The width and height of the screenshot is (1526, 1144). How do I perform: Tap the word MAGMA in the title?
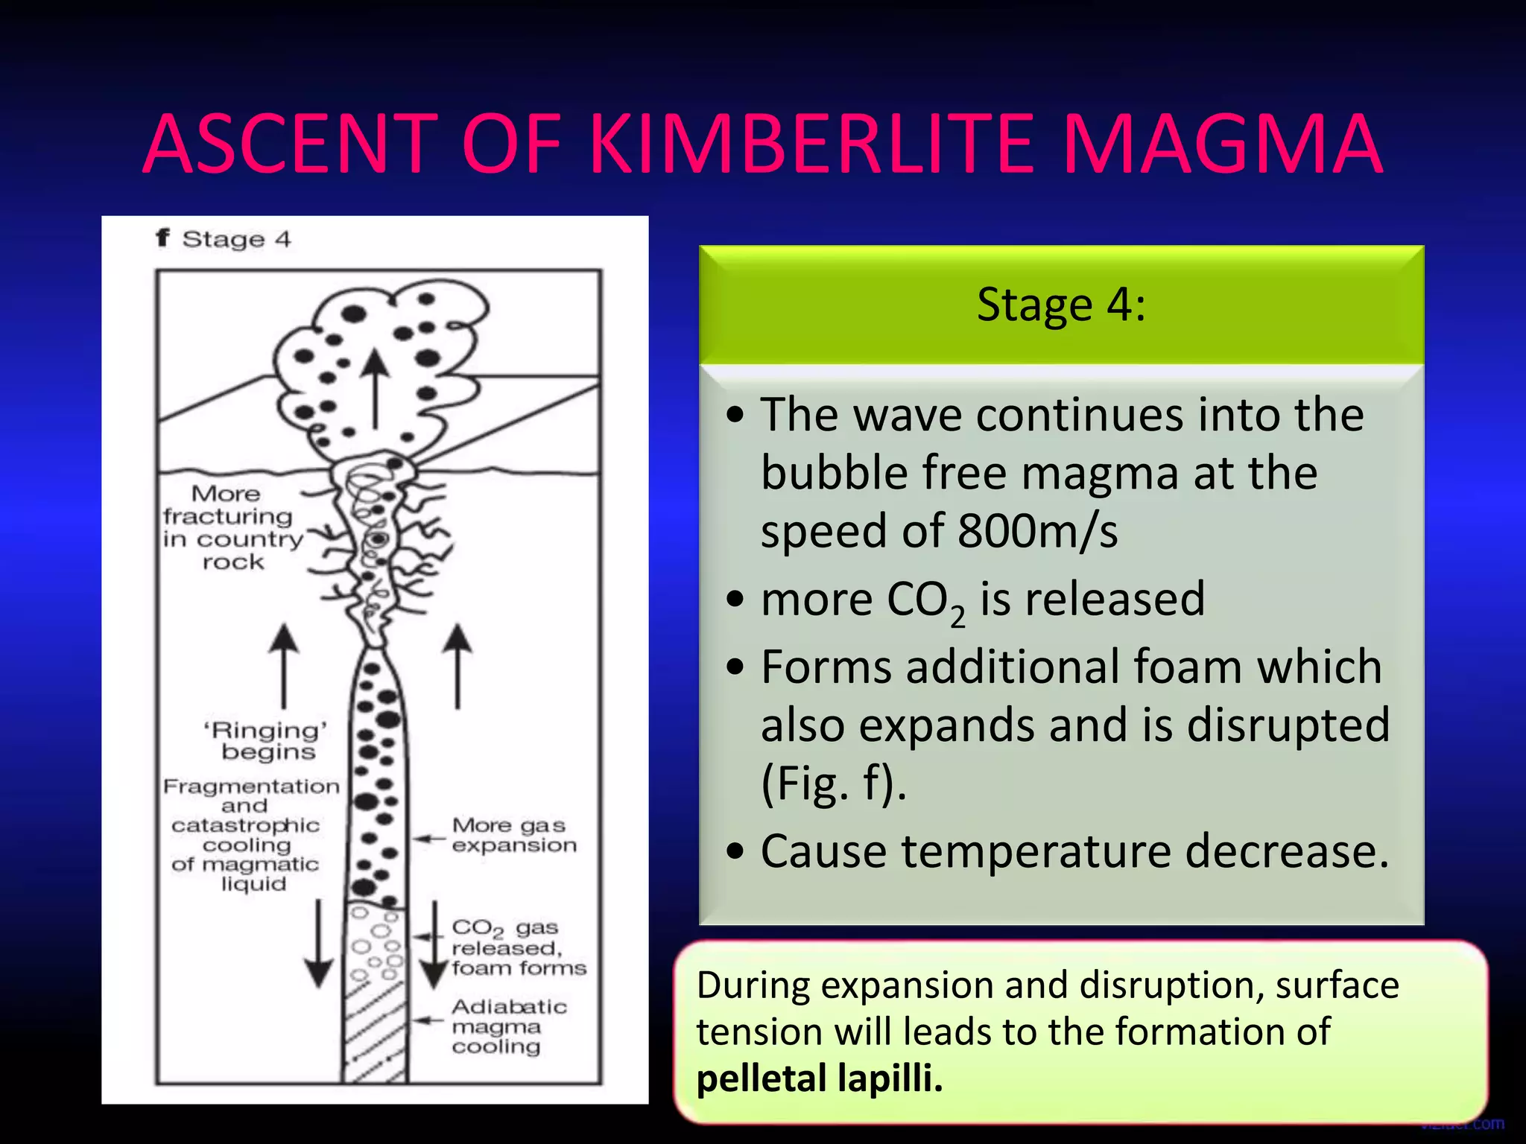click(1222, 144)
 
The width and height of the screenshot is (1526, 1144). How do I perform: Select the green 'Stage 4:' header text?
click(1061, 305)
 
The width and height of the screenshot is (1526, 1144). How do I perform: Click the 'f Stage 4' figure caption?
click(224, 239)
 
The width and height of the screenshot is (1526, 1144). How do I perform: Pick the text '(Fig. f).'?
click(834, 784)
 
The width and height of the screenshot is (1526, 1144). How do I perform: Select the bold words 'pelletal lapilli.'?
click(820, 1078)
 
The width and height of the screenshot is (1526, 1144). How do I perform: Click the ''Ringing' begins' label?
click(267, 741)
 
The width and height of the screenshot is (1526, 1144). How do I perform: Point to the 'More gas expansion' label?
click(513, 835)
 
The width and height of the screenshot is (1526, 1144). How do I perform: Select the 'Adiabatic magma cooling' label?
click(508, 1026)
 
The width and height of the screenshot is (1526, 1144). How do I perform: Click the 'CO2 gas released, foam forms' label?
click(518, 947)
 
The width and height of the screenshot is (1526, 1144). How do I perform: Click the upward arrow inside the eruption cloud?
click(376, 389)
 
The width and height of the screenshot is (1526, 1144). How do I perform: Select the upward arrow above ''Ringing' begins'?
click(283, 665)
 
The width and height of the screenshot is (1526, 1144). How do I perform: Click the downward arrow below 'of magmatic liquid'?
click(319, 944)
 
